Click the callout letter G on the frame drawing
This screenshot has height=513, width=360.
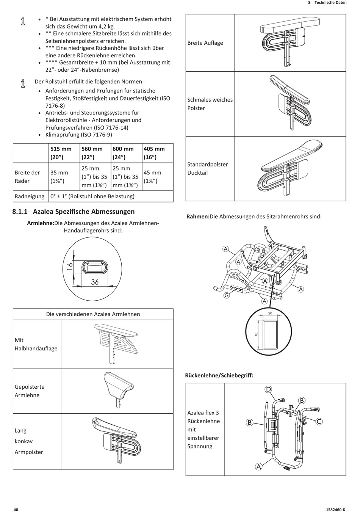[x=227, y=295]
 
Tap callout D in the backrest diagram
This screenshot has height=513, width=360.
[x=268, y=389]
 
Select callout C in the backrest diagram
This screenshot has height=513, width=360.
[x=319, y=421]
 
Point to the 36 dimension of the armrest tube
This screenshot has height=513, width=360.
[x=95, y=282]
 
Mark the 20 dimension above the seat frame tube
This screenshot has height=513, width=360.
[x=270, y=314]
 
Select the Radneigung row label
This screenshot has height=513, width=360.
[x=30, y=196]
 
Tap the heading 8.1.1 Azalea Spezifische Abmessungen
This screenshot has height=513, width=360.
[x=74, y=212]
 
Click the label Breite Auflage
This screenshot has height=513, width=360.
[x=205, y=43]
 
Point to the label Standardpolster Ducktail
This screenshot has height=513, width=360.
[x=207, y=169]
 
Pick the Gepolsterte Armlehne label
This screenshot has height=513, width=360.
[x=30, y=391]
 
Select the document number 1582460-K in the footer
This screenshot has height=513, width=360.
[x=336, y=510]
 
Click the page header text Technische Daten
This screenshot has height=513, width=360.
[x=330, y=2]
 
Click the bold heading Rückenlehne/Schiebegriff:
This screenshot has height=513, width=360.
[x=219, y=376]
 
